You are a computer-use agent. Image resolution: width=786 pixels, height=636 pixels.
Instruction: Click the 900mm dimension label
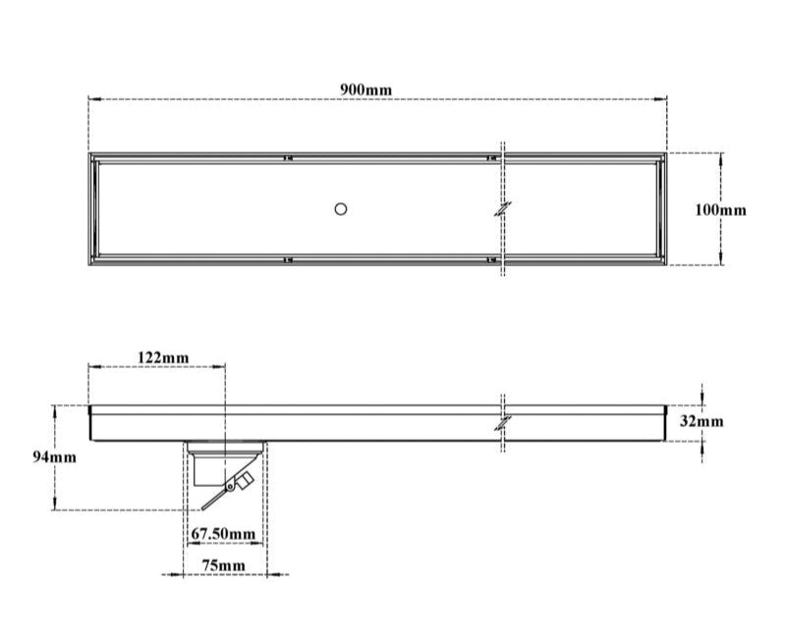(365, 89)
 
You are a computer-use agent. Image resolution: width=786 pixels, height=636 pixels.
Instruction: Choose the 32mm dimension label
(701, 421)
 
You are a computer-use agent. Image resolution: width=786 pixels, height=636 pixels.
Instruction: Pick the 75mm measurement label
(223, 565)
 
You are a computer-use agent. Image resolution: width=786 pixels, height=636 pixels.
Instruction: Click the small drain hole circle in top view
(341, 208)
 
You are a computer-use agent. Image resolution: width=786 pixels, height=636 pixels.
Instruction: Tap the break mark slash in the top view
(503, 209)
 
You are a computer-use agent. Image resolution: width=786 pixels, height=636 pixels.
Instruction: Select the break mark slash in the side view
(503, 423)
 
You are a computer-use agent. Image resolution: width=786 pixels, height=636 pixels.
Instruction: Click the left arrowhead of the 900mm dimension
(92, 99)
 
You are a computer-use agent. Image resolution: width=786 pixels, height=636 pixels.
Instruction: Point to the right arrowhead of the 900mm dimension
(663, 99)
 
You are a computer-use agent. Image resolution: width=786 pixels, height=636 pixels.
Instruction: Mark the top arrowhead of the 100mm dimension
(722, 156)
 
